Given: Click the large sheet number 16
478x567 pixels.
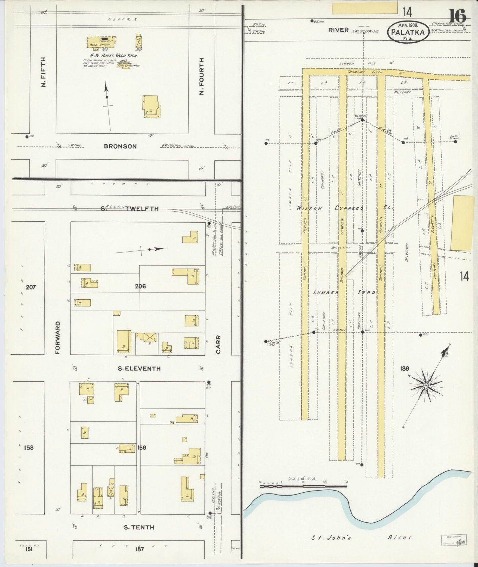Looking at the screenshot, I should (x=457, y=16).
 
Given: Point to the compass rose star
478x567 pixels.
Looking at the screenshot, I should (x=426, y=385).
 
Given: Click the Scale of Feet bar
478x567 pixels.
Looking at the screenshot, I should (x=303, y=486).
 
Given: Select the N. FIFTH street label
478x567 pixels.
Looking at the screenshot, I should (x=43, y=72).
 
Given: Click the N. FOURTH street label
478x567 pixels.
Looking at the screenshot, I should (x=202, y=76).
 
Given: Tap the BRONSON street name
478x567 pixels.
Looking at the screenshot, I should (x=120, y=146).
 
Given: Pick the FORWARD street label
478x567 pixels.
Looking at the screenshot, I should (x=58, y=337).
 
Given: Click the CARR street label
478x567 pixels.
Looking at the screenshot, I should (x=218, y=345).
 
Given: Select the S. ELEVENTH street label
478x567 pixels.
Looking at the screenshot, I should (x=139, y=369).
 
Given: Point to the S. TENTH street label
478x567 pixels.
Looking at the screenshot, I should (x=139, y=527).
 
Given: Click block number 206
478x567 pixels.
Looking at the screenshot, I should (x=140, y=286).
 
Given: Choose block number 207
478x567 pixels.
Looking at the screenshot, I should (x=30, y=287).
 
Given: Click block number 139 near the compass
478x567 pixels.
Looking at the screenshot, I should (x=405, y=368).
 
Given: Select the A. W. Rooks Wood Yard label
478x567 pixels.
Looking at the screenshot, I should (x=109, y=55).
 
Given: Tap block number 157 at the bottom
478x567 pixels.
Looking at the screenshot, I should (x=140, y=549).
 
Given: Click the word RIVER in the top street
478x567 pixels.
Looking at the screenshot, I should (x=338, y=30).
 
